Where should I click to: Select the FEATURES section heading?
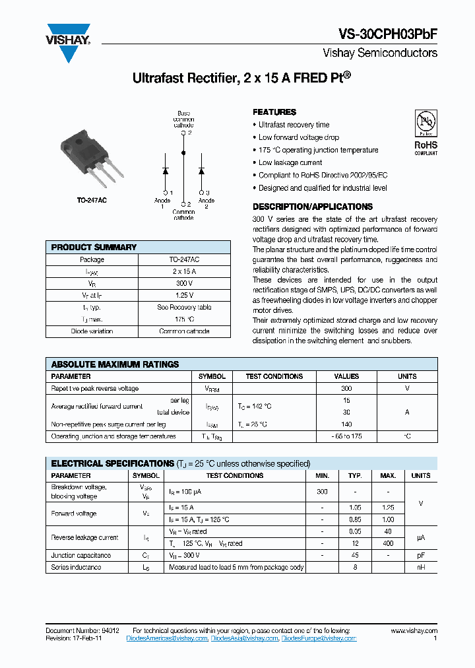coord(274,112)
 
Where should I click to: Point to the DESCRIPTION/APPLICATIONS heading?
coord(313,207)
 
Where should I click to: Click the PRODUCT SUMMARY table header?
coord(94,247)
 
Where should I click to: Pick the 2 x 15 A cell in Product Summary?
coord(184,271)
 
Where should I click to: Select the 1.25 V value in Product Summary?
coord(184,295)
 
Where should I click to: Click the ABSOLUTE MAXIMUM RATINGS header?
coord(115,364)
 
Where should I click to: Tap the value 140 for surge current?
coord(346,424)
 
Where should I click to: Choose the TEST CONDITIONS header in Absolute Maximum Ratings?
coord(274,376)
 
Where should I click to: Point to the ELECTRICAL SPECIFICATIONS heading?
coord(112,463)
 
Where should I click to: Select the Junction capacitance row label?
coord(81,555)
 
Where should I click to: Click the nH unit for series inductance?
coord(420,567)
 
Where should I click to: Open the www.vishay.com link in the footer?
coord(414,631)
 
